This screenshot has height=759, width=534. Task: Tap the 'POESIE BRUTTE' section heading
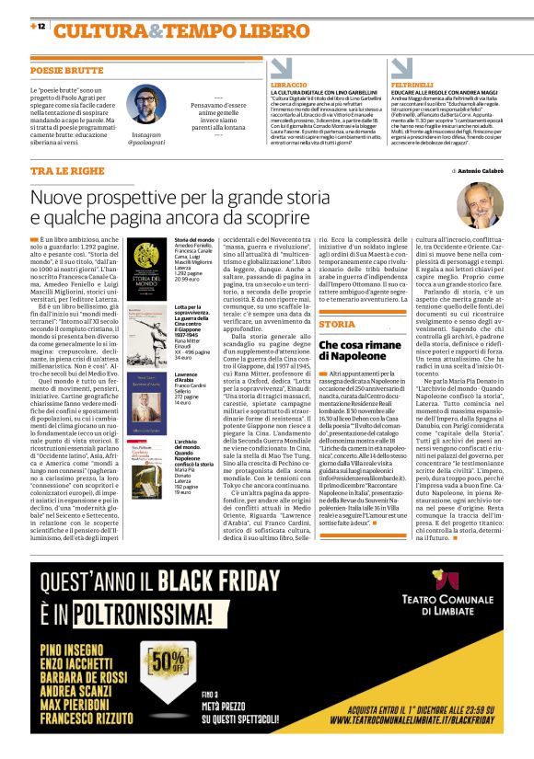(67, 70)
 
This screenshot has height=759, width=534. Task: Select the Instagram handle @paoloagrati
(145, 144)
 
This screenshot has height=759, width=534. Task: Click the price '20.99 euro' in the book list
(188, 279)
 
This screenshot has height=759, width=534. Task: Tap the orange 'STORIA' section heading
(338, 324)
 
